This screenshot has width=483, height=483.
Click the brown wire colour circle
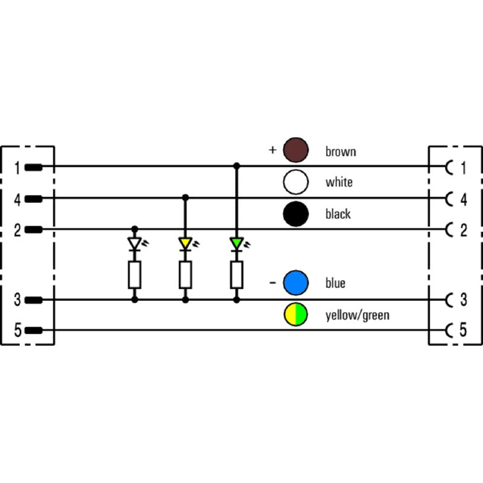(x=296, y=150)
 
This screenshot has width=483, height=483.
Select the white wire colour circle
(x=296, y=182)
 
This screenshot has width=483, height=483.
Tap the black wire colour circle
(x=296, y=214)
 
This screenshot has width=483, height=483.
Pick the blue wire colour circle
(x=296, y=283)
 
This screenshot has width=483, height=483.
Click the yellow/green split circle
(x=296, y=315)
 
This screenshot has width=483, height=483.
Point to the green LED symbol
(x=237, y=244)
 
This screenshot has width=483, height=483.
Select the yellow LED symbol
(x=185, y=244)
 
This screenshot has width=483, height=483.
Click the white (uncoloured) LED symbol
(x=135, y=244)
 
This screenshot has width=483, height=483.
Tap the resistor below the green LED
(x=237, y=275)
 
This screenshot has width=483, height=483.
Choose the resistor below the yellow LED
(x=185, y=275)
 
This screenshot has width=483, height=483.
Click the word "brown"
(x=341, y=152)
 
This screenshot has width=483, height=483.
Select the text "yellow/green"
(x=357, y=315)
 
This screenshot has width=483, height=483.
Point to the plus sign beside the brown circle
(x=273, y=150)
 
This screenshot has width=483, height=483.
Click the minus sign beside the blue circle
(x=273, y=283)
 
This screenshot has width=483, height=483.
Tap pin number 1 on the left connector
(x=18, y=168)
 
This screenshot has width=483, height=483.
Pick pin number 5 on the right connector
(x=463, y=330)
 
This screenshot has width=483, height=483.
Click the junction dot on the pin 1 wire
(x=237, y=167)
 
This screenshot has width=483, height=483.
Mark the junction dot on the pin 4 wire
(x=185, y=198)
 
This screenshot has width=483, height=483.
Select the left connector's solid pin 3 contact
(x=33, y=300)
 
